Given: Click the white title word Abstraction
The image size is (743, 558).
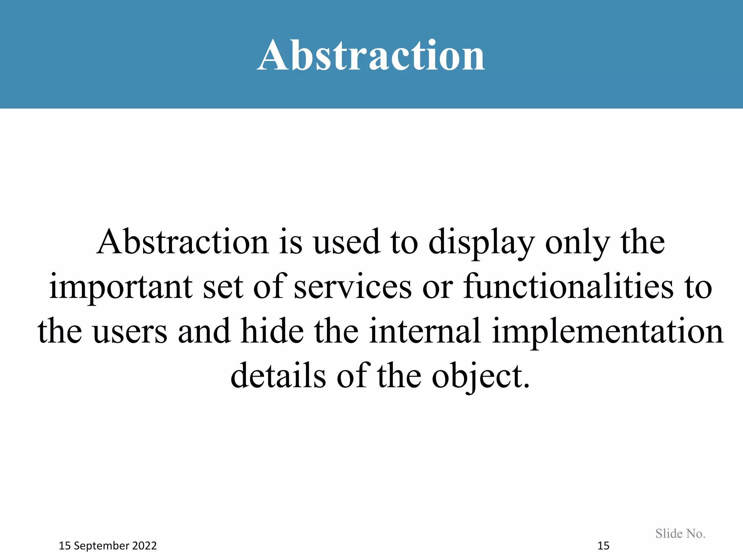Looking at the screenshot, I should [x=371, y=55].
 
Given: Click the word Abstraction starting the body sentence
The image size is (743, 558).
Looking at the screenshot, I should [x=183, y=242].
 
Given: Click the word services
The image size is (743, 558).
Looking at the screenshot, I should [x=353, y=287].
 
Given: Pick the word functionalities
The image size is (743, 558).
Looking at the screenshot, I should [x=568, y=287].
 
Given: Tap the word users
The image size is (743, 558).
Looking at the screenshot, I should [x=130, y=331].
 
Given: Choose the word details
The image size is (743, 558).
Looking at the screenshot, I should [x=278, y=376].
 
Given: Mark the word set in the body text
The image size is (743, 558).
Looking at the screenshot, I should [x=223, y=287].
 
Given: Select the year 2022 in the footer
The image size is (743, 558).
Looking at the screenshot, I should [x=144, y=546].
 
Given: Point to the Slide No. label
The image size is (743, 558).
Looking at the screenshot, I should [x=680, y=533].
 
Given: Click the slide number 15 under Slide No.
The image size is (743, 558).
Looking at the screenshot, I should [x=603, y=546].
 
